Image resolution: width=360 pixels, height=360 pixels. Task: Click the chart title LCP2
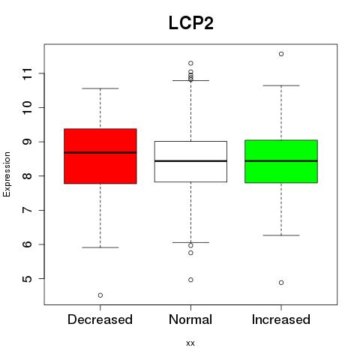[x=191, y=23]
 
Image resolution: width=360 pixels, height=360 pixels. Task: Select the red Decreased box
[x=100, y=156]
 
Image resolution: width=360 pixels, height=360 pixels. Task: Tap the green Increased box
[x=281, y=161]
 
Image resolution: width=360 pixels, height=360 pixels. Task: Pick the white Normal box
[x=190, y=161]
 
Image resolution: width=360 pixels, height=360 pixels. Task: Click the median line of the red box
[x=100, y=152]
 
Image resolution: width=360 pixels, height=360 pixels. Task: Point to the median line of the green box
[x=281, y=161]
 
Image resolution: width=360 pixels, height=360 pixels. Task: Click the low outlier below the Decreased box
[x=100, y=295]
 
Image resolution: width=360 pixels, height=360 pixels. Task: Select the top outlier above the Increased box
[x=281, y=54]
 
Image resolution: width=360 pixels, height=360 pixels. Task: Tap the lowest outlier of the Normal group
[x=190, y=280]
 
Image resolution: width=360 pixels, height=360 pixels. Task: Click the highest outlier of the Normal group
[x=190, y=63]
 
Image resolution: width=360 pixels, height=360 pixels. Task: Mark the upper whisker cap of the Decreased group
[x=100, y=88]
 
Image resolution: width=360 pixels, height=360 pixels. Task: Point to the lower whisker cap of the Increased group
[x=281, y=235]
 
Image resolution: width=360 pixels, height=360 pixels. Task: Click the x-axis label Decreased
[x=100, y=319]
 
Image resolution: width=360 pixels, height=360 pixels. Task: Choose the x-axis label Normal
[x=190, y=319]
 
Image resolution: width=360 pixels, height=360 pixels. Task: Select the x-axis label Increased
[x=281, y=319]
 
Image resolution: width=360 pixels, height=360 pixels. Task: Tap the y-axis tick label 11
[x=28, y=73]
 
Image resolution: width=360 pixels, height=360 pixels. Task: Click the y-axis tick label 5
[x=28, y=279]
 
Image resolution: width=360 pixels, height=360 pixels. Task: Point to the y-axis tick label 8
[x=28, y=176]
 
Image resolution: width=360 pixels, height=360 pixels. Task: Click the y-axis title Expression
[x=7, y=174]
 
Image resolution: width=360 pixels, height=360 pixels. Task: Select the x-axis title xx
[x=190, y=343]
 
